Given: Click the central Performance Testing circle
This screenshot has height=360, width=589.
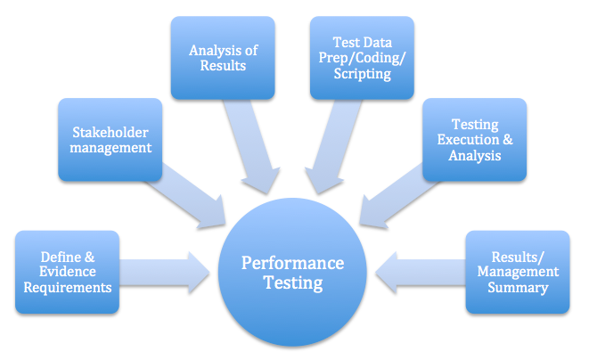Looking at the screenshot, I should pos(293,274).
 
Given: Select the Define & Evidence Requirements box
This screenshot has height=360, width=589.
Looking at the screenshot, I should pos(67,273).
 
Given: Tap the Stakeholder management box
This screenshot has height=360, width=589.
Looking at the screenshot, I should pos(111,140).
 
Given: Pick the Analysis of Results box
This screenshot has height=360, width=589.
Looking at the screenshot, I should pos(217,57).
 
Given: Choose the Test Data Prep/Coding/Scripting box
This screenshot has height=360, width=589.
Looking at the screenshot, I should pos(362,57).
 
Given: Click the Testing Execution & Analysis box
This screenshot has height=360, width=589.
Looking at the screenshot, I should pos(474,140).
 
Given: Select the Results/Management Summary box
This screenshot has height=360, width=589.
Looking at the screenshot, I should pos(518,273).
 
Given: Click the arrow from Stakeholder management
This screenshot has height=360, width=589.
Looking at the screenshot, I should pos(192,192).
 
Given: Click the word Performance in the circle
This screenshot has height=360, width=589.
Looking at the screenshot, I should pos(293,264).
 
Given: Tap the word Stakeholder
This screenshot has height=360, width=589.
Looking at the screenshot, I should pos(111,131).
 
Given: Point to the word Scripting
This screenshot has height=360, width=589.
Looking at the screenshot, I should pos(362,75).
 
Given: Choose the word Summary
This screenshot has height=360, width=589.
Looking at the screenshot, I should pos(519,288).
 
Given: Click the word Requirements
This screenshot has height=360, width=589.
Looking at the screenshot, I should pos(67,288).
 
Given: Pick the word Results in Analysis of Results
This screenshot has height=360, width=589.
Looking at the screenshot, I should pos(217,66).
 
